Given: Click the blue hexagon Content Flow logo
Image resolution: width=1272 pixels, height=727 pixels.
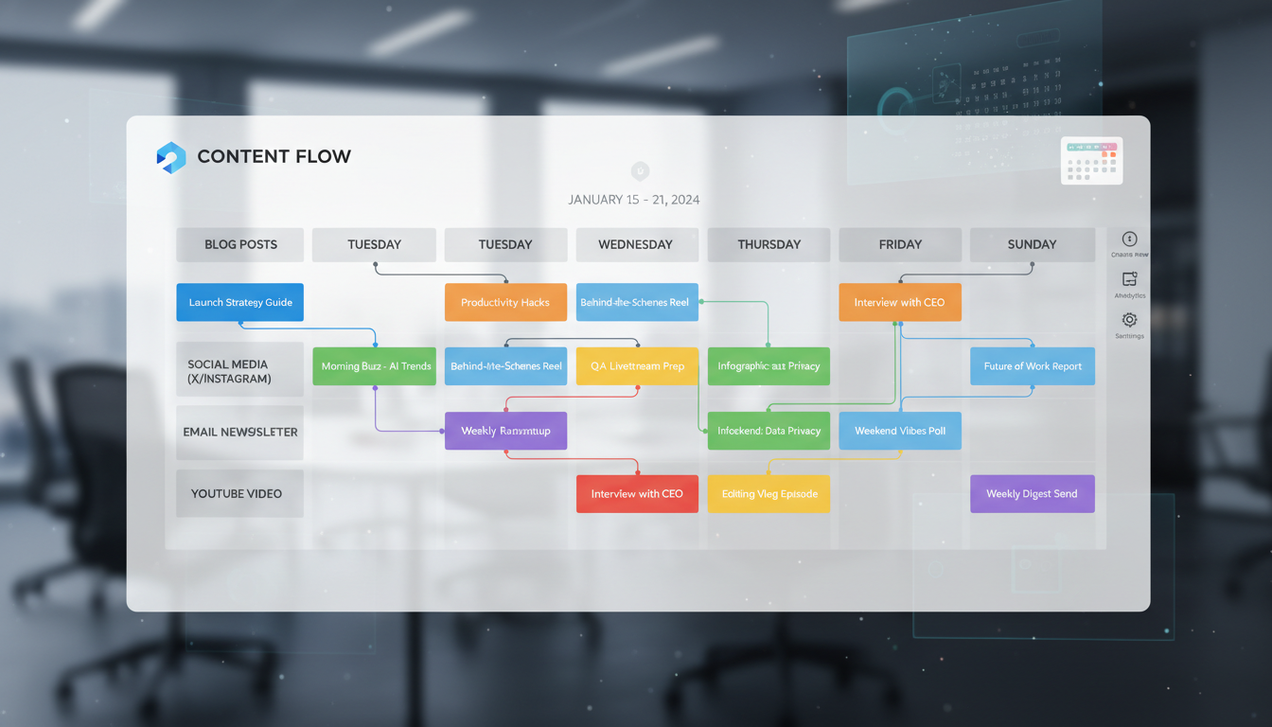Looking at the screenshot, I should click(x=171, y=157).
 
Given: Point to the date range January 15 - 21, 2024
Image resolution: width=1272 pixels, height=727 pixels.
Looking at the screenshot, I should click(x=633, y=200).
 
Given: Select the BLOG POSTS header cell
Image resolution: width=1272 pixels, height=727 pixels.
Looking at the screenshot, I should click(x=240, y=244).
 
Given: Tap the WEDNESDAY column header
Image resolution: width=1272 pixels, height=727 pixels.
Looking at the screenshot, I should click(x=636, y=244).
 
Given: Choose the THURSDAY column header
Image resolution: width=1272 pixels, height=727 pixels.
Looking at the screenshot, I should click(x=768, y=244).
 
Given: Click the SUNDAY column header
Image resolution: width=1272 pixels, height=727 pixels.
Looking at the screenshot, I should click(x=1032, y=244).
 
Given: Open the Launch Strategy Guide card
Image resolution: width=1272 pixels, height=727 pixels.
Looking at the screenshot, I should click(x=240, y=303).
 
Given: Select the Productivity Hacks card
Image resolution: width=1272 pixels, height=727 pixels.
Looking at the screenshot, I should click(x=505, y=303).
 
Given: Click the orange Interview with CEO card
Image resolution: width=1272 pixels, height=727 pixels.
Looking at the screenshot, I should click(x=899, y=303).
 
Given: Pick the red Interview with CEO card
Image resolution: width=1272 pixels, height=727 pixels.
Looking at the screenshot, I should click(x=637, y=494).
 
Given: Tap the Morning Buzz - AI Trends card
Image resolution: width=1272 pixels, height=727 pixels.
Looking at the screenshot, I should click(x=375, y=366).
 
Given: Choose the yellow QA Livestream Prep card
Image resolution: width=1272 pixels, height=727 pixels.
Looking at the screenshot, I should click(x=637, y=366).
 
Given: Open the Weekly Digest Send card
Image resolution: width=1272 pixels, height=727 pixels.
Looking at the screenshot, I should click(x=1032, y=494).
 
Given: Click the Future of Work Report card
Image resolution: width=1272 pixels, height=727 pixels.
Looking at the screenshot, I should click(x=1032, y=366).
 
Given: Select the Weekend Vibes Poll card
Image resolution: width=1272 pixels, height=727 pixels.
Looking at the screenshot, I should click(x=899, y=431).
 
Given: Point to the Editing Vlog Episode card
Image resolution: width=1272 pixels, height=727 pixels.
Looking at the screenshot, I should click(x=768, y=494).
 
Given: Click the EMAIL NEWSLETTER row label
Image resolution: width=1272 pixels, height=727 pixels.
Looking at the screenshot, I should click(x=240, y=432).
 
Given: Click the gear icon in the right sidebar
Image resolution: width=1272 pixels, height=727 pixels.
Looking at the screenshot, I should click(x=1129, y=320).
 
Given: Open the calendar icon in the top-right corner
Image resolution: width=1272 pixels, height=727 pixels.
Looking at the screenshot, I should click(x=1091, y=161).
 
